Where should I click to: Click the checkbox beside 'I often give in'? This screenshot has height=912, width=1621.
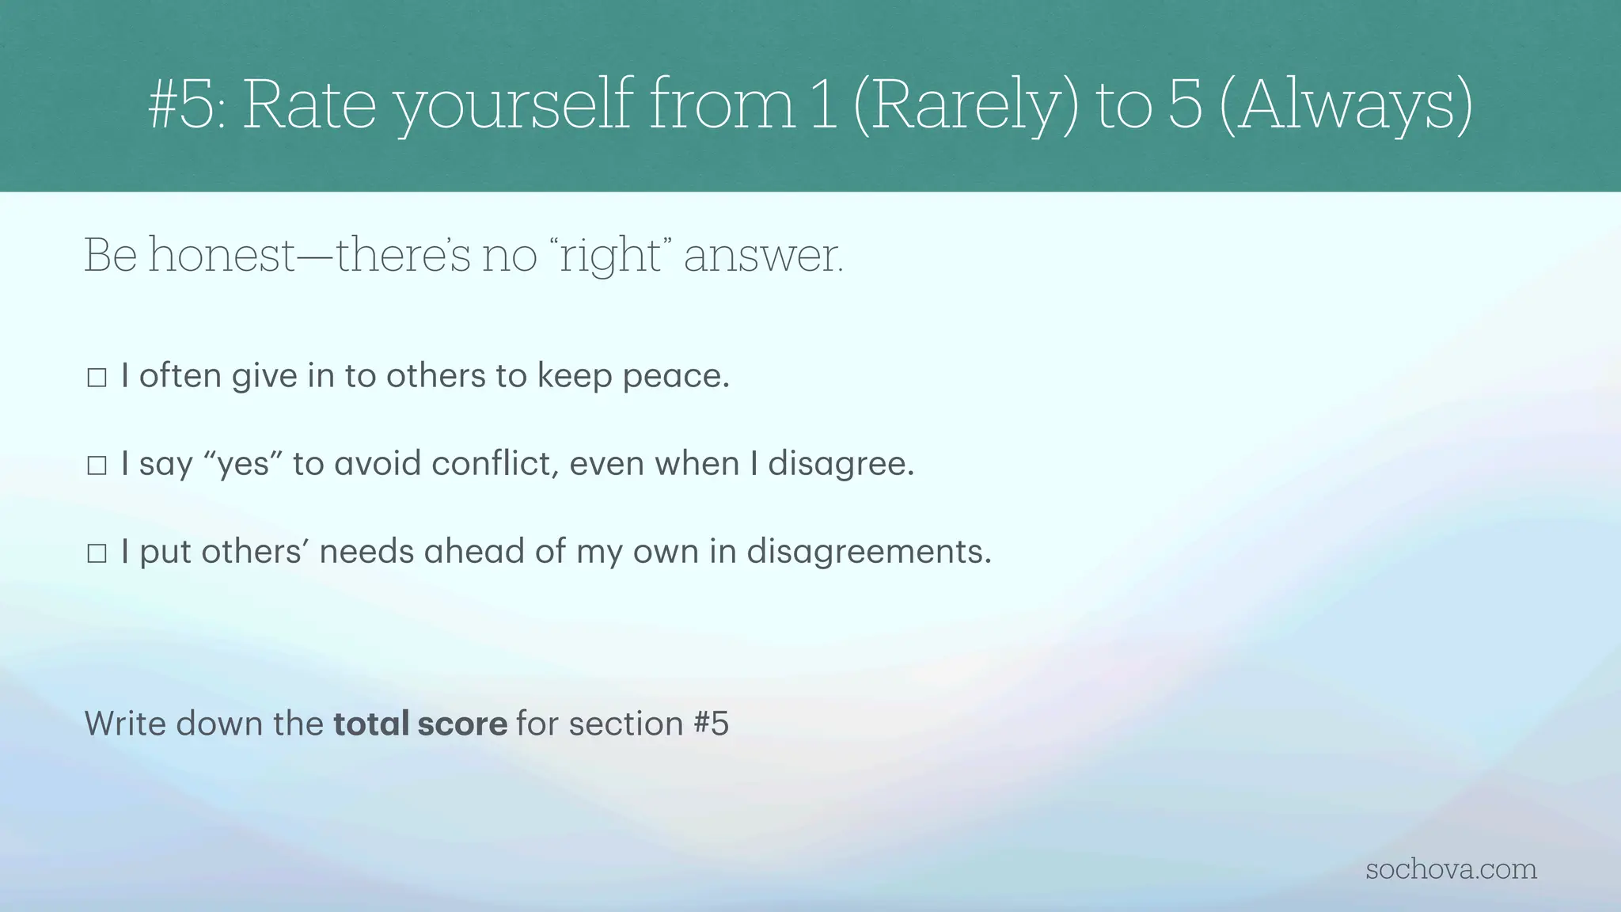(97, 378)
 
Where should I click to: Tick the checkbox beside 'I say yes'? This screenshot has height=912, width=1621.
(97, 465)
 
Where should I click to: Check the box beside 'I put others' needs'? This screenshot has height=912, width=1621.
(97, 553)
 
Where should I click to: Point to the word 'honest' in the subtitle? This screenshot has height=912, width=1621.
(222, 256)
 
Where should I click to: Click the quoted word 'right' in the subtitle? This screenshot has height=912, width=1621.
(610, 256)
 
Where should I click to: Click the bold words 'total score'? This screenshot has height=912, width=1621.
(420, 724)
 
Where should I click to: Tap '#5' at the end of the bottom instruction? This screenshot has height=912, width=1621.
(710, 724)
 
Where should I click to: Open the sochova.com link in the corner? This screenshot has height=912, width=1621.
(1451, 869)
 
